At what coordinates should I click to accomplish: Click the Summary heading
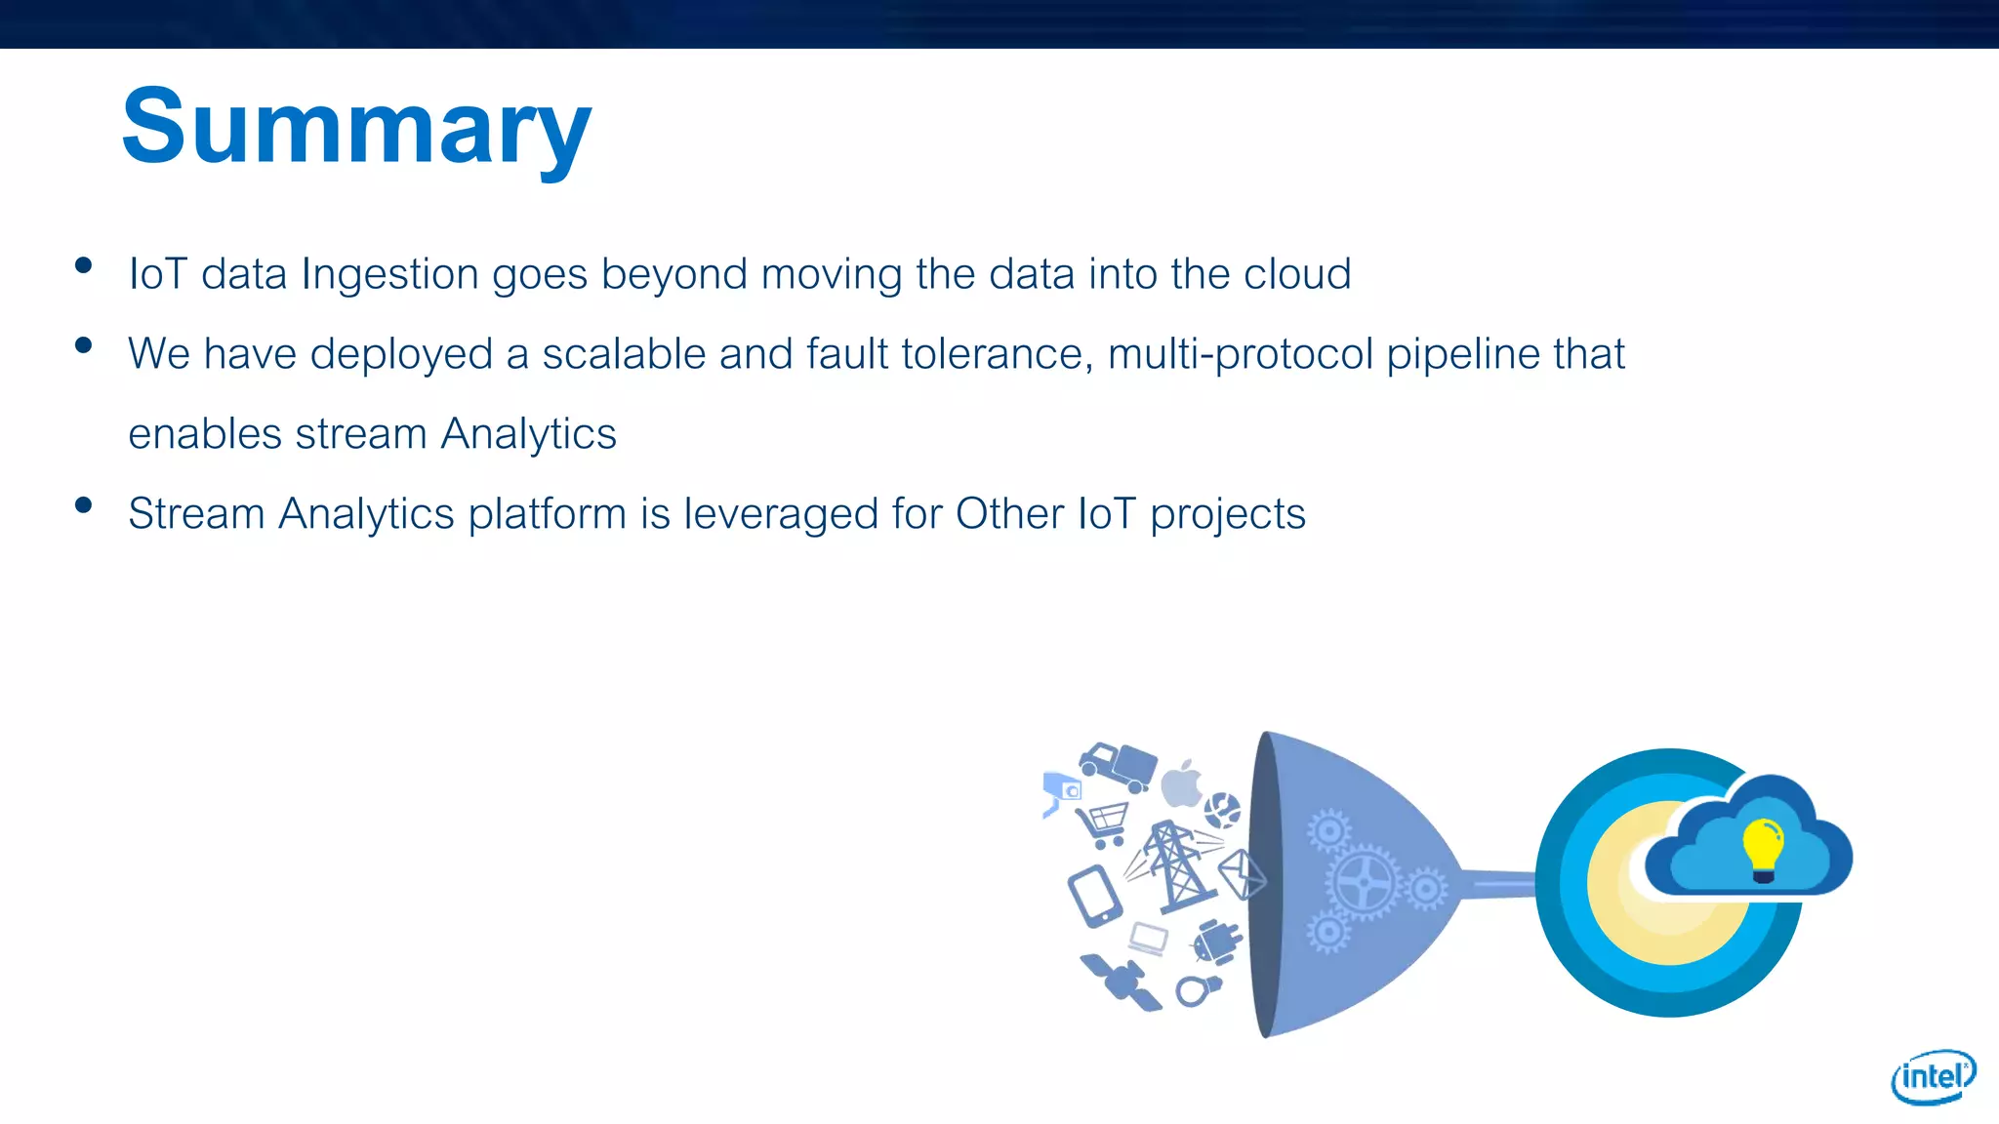point(356,127)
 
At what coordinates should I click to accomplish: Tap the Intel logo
point(1933,1076)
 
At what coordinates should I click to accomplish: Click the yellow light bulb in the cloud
point(1763,848)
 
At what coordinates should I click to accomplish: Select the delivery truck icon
point(1119,767)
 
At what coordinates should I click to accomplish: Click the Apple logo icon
point(1182,784)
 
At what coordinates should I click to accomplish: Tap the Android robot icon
point(1215,942)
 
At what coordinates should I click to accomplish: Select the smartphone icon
point(1094,896)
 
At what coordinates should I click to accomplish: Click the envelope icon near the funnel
point(1242,873)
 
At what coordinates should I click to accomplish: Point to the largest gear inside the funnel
point(1363,882)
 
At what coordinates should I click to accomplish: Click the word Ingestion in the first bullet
point(390,275)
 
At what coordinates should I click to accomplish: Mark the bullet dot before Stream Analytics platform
point(83,504)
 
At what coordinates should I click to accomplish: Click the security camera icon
point(1061,791)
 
